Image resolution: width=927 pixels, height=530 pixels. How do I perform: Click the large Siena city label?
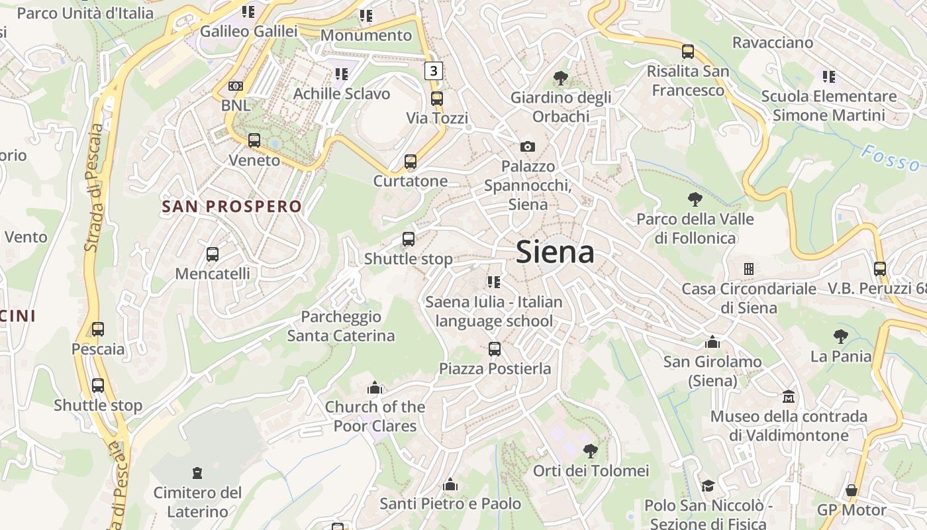(x=555, y=252)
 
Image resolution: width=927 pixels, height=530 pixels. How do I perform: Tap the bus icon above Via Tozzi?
(x=437, y=99)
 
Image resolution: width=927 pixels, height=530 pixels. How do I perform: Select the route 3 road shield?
(x=434, y=70)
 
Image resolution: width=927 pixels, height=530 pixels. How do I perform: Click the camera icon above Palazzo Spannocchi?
(x=528, y=146)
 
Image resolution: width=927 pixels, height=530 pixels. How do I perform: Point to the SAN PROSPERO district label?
(x=232, y=207)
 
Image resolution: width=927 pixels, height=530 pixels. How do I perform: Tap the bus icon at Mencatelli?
(x=213, y=254)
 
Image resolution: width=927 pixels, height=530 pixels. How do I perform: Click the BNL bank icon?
(x=235, y=86)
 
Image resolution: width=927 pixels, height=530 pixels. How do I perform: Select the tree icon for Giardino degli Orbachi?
(x=561, y=78)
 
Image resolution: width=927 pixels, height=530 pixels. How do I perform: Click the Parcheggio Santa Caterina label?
(x=341, y=326)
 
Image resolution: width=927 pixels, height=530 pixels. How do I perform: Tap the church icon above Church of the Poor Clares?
(x=375, y=388)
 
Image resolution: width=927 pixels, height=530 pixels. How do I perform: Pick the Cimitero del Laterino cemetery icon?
(x=197, y=473)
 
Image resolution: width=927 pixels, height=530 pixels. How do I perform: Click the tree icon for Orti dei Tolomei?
(x=591, y=451)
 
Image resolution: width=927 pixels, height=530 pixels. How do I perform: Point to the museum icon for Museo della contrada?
(x=789, y=397)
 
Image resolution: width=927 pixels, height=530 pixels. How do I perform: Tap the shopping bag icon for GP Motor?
(x=852, y=491)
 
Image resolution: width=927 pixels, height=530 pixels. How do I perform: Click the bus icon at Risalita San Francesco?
(x=688, y=51)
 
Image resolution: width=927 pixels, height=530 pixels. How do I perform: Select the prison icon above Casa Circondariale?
(x=749, y=269)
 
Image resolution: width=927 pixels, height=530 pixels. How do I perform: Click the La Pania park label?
(x=841, y=356)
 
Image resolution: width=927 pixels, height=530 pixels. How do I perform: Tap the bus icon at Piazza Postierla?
(x=495, y=349)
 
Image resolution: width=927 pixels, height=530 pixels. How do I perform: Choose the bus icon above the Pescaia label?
(x=98, y=329)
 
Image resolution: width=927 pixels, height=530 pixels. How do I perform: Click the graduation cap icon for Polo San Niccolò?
(x=708, y=486)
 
